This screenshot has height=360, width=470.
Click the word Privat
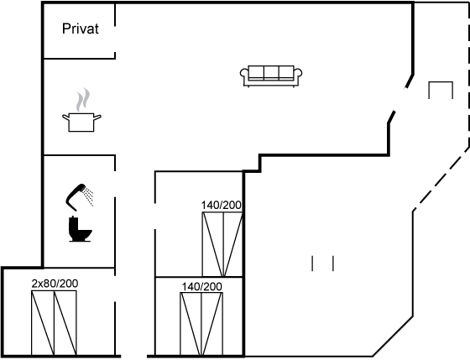point(81,29)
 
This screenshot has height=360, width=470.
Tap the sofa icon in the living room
point(271,76)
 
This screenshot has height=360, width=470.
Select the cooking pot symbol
point(81,123)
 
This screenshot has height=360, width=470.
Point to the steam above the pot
point(83,100)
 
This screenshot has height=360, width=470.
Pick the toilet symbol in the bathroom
point(80,229)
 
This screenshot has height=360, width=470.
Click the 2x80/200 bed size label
point(55,284)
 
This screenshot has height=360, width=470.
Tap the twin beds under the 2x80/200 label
point(54,323)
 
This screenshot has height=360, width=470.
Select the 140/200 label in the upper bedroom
point(221,206)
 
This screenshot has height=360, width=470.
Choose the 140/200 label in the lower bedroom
point(201,287)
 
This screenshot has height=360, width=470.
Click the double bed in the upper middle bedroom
point(222,244)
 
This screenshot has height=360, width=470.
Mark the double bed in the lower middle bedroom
point(201,324)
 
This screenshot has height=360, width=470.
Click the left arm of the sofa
point(244,74)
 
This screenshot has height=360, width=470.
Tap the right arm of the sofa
point(298,74)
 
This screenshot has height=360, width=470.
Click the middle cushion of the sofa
point(271,72)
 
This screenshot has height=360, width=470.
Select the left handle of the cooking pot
point(66,117)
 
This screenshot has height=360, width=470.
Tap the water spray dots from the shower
point(89,196)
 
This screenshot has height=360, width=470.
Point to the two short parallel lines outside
point(323,263)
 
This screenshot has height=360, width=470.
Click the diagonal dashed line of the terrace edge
point(441,180)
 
